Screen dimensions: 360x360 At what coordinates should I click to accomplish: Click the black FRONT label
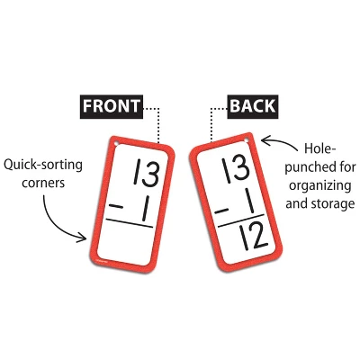click(111, 106)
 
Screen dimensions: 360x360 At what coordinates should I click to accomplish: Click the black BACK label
click(252, 106)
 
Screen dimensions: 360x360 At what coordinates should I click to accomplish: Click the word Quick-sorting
click(46, 166)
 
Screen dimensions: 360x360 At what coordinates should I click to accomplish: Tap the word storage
click(323, 204)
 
